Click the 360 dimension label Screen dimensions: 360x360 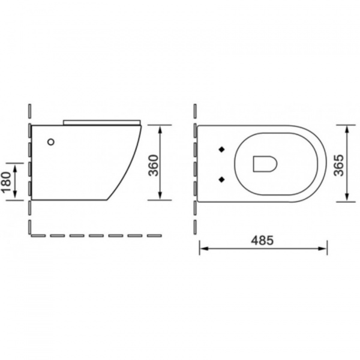pos(154,166)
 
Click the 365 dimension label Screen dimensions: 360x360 pos(339,166)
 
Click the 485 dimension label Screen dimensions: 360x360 pos(262,241)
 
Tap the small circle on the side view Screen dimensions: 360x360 pos(51,142)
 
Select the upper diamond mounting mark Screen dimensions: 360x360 pos(221,149)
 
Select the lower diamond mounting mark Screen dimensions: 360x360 pos(221,179)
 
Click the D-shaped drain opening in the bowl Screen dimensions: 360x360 pos(265,164)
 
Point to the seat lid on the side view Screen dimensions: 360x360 pos(102,122)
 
